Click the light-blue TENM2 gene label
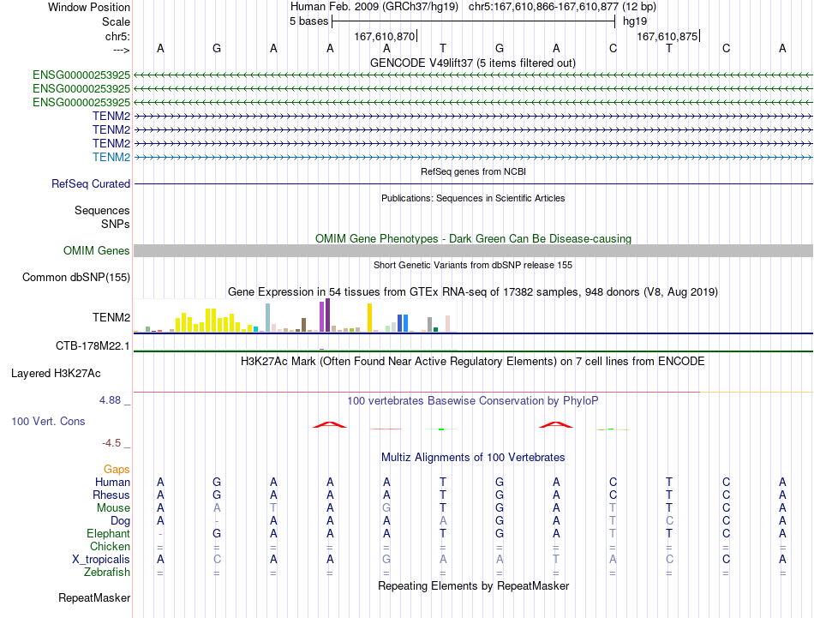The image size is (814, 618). click(x=111, y=157)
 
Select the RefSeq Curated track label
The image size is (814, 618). click(x=91, y=183)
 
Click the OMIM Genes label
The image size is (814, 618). click(x=97, y=250)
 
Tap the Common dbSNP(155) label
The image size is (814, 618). click(x=76, y=278)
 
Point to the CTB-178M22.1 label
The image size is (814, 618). click(x=93, y=346)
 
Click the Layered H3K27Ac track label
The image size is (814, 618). click(x=56, y=374)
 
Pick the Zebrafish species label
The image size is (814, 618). click(x=107, y=572)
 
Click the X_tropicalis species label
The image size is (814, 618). click(x=101, y=560)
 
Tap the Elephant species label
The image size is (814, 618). click(x=109, y=533)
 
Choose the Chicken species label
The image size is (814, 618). click(x=110, y=546)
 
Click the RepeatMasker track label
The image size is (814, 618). click(x=94, y=597)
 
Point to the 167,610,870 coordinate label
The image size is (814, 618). click(x=385, y=36)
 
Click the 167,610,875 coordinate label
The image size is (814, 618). click(x=667, y=36)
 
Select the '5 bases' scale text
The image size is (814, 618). click(x=308, y=21)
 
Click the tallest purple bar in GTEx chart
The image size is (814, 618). click(x=328, y=315)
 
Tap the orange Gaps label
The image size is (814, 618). click(x=117, y=470)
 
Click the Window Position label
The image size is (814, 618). click(x=89, y=7)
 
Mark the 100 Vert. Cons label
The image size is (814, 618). click(x=48, y=421)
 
